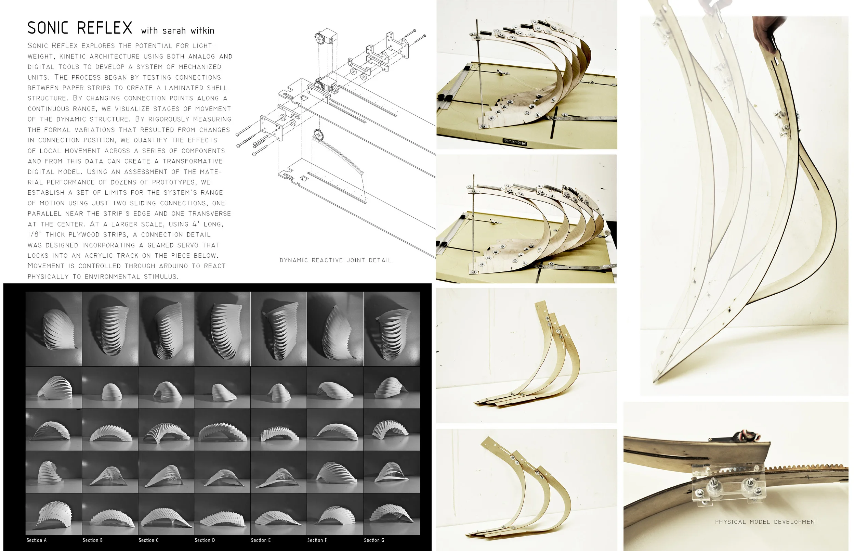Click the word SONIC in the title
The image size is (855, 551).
[x=48, y=28]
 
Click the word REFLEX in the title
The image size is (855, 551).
[x=104, y=28]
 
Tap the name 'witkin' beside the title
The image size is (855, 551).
[x=202, y=31]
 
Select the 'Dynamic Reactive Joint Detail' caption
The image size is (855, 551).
[x=335, y=260]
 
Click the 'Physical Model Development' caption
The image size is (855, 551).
[x=766, y=522]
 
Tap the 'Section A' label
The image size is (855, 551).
[x=37, y=540]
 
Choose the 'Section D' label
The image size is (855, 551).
[x=205, y=540]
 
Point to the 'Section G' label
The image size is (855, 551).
[x=374, y=540]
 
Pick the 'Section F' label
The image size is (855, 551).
[x=317, y=540]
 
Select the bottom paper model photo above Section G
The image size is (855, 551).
[x=392, y=514]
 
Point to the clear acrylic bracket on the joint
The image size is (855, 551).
[x=729, y=485]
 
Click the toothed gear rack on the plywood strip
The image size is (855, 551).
[x=804, y=468]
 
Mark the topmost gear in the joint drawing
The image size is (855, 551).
[x=319, y=38]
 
